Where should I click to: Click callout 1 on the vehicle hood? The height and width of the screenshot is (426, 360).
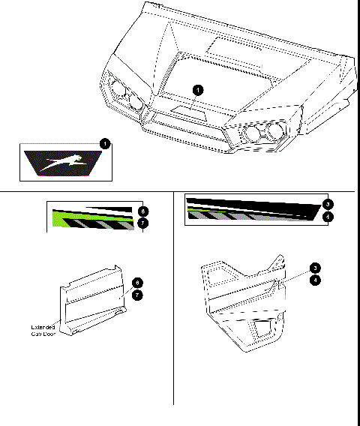tap(197, 90)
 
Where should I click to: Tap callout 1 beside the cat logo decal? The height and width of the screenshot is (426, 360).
tap(105, 142)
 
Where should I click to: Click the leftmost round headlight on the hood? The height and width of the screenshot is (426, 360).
tap(118, 89)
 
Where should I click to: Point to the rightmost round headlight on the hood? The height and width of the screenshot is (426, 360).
tap(276, 133)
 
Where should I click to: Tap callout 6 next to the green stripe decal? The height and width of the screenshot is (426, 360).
tap(143, 211)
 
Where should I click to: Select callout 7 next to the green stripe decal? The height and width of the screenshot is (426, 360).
tap(143, 223)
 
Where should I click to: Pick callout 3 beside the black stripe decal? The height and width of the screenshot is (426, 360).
tap(327, 204)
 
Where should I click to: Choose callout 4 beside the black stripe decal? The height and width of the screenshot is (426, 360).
tap(327, 217)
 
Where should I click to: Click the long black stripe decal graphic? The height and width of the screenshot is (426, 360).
tap(251, 207)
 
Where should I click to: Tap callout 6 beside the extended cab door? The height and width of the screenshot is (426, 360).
tap(136, 283)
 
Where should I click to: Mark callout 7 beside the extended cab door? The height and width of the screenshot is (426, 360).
tap(136, 295)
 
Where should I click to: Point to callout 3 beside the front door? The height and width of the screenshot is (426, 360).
tap(315, 267)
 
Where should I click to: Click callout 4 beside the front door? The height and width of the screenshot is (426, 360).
tap(315, 279)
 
